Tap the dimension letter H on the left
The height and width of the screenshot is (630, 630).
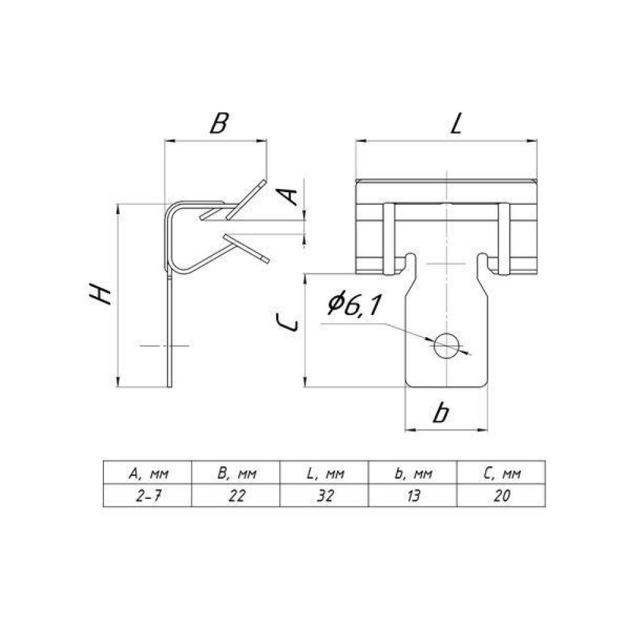point(100,294)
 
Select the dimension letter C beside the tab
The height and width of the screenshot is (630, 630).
point(288,323)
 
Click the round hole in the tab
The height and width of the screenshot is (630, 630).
point(447,345)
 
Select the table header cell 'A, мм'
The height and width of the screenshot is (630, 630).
point(148,473)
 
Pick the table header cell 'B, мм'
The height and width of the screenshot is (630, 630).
point(236,473)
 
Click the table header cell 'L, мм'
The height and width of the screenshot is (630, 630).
point(324,473)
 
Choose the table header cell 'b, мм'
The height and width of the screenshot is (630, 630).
point(413,473)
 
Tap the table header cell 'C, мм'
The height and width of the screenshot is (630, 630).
point(501,473)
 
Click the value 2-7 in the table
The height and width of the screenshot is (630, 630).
point(148,496)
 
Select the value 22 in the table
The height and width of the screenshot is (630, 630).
point(237,496)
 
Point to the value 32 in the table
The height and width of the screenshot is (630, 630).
point(325,496)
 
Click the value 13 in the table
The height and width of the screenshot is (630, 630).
point(413,496)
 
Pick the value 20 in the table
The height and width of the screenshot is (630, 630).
point(502,496)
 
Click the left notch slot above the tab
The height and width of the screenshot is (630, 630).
point(410,263)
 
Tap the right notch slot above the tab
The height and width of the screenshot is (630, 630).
point(483,263)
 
